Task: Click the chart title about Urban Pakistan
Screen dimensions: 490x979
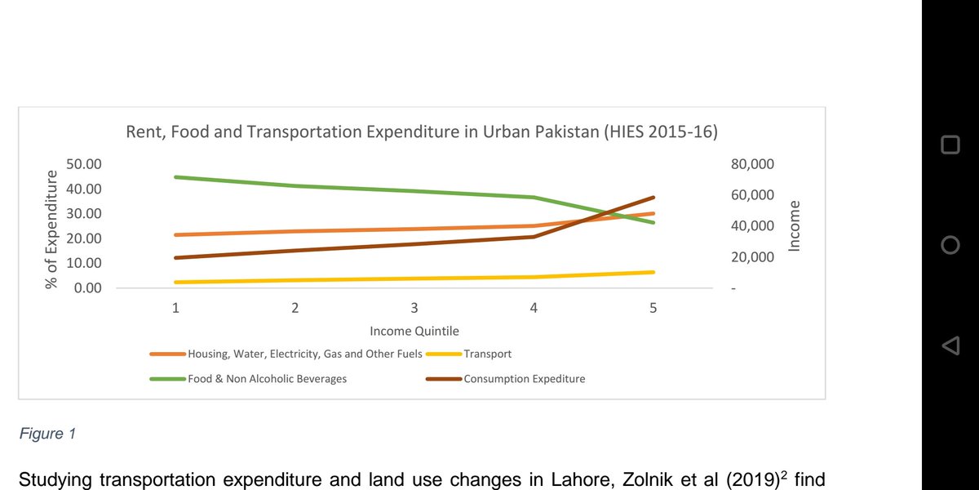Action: coord(421,132)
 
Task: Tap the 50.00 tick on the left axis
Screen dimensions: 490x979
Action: coord(83,164)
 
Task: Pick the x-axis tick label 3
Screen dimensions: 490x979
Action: coord(414,308)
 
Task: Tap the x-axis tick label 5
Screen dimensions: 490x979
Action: coord(653,308)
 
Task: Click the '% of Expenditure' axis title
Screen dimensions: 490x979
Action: coord(52,229)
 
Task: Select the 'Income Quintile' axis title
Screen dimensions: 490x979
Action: coord(414,332)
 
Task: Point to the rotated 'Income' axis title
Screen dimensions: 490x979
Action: coord(795,225)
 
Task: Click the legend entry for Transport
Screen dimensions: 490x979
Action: coord(487,354)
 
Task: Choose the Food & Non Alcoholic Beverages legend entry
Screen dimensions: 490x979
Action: coord(267,379)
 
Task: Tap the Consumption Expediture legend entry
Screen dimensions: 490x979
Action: coord(524,379)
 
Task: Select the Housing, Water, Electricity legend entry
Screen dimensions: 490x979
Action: coord(304,354)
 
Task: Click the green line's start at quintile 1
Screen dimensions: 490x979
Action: coord(175,177)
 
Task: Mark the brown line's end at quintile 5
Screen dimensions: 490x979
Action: coord(653,198)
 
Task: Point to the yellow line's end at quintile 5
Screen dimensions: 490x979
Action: coord(653,272)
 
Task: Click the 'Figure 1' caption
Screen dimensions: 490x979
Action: coord(47,434)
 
